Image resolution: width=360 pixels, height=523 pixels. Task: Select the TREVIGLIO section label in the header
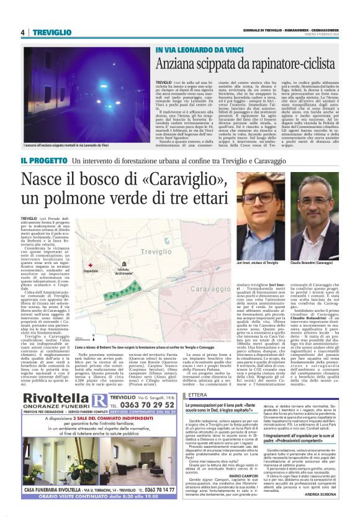[x=53, y=32]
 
